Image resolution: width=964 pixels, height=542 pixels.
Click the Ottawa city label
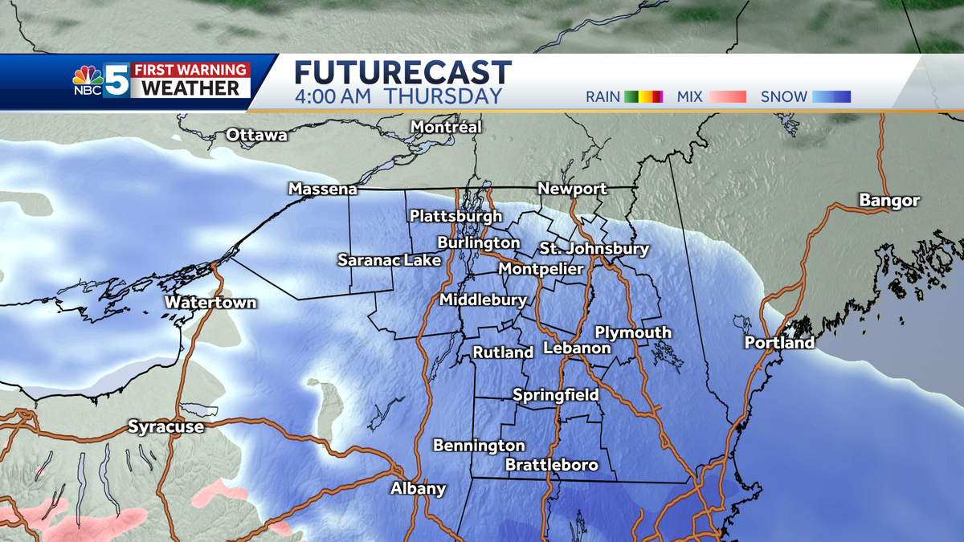(x=256, y=135)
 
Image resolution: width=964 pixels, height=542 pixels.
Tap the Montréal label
(x=446, y=127)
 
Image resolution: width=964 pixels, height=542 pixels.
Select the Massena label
(x=322, y=189)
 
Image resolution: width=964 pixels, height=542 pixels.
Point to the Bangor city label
(x=888, y=201)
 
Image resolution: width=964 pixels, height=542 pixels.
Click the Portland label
(x=779, y=343)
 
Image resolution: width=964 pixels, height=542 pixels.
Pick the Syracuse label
(x=165, y=427)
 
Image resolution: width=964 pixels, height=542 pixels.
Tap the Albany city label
(x=418, y=489)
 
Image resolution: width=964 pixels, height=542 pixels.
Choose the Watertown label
(x=210, y=303)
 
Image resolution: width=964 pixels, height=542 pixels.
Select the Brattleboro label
(x=552, y=465)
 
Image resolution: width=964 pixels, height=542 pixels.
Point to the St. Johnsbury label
(x=594, y=249)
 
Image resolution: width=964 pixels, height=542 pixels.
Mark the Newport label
(x=572, y=189)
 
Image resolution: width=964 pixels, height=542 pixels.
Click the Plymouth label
(x=632, y=332)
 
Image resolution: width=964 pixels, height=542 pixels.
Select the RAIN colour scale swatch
(x=644, y=97)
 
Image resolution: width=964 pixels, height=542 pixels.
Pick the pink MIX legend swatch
(x=728, y=97)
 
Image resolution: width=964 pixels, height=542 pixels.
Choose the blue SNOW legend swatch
(x=831, y=97)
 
